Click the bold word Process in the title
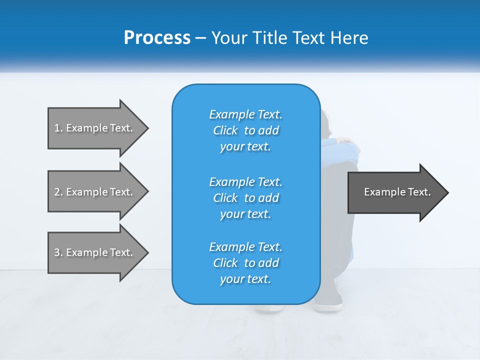click(x=157, y=38)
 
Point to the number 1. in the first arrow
click(x=58, y=128)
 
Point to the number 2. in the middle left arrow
click(x=58, y=192)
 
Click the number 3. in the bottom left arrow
click(x=58, y=252)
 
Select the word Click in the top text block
click(x=225, y=130)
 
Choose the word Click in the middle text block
click(x=225, y=198)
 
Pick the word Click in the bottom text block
click(x=225, y=263)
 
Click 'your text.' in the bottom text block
click(x=245, y=279)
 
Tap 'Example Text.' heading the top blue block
click(x=245, y=114)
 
